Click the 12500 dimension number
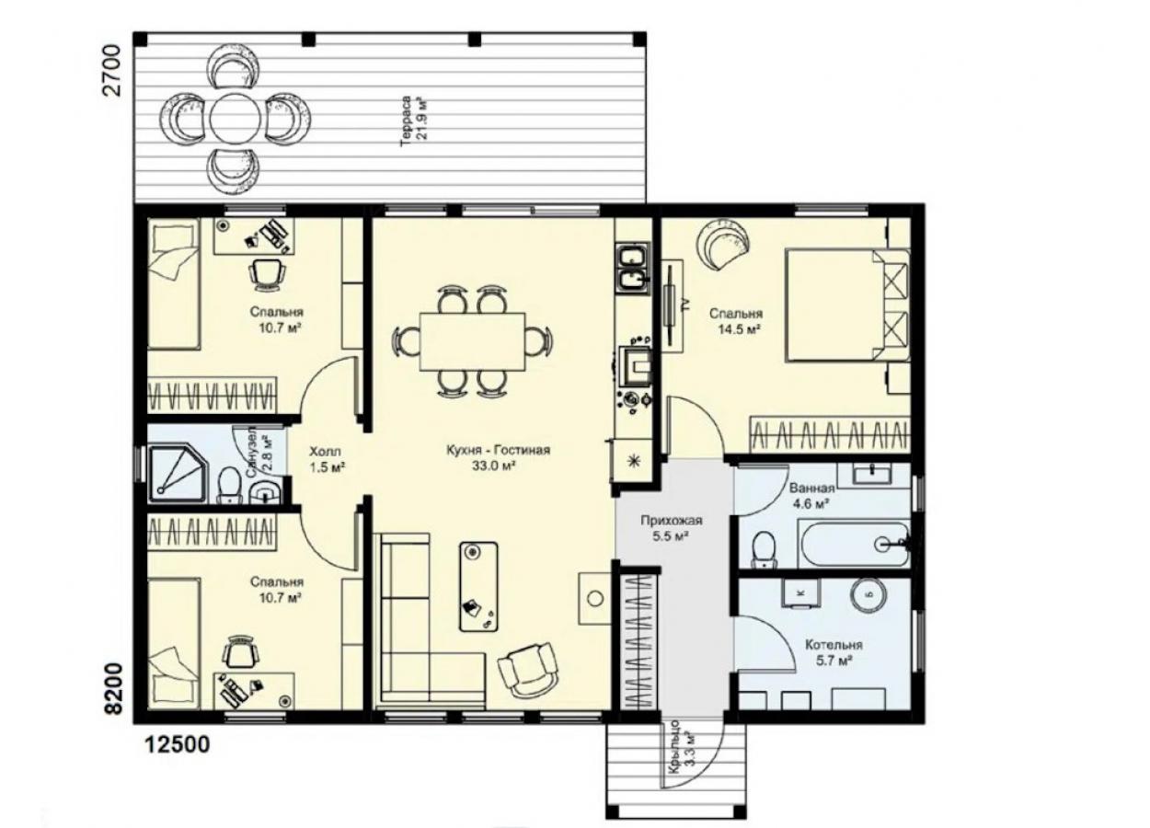pos(178,743)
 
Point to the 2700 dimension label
pos(112,70)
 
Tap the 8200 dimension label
pos(114,688)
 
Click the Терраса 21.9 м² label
pos(414,121)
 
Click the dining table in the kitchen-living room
pos(472,341)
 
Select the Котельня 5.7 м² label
pos(834,652)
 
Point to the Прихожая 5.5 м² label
pos(671,528)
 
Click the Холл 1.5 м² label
pos(327,459)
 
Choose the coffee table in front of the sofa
pos(478,587)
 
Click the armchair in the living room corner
pos(528,670)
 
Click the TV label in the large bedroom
pos(684,305)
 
